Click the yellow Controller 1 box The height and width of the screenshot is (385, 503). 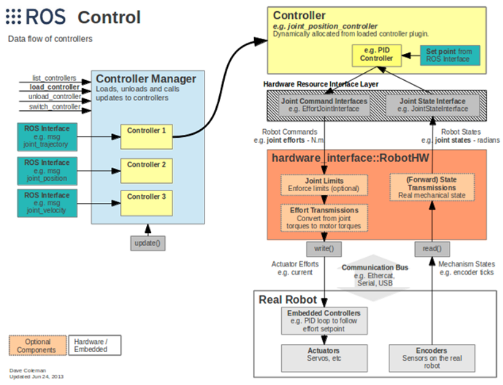(146, 136)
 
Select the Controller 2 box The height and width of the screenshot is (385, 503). (146, 170)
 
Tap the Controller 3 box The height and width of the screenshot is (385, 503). (146, 202)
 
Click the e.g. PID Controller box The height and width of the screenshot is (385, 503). (377, 55)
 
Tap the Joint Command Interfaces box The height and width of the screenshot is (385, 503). (324, 105)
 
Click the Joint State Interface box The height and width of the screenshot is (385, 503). (433, 105)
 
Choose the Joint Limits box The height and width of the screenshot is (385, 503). (323, 184)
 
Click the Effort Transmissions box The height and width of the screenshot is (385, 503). (324, 218)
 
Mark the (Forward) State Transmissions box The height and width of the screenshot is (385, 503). (432, 187)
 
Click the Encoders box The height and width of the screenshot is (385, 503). (431, 358)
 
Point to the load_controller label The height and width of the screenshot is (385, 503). (55, 87)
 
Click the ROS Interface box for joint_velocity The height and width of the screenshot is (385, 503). (46, 203)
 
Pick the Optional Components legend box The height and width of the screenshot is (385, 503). (38, 345)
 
